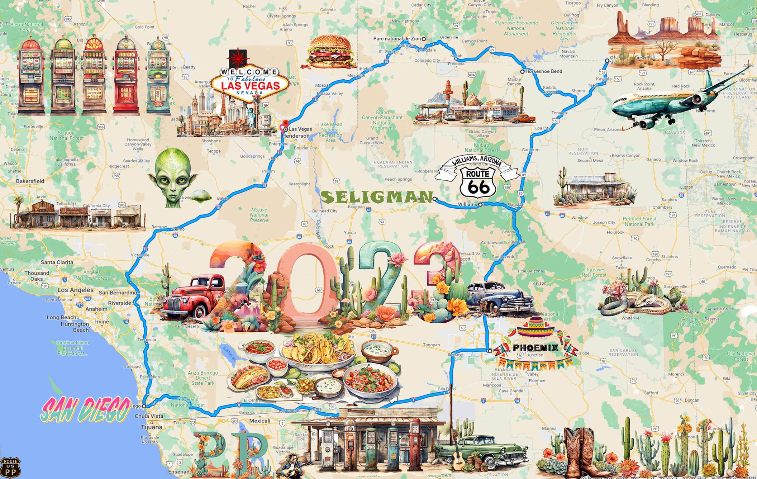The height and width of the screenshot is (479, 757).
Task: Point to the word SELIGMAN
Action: [x=376, y=197]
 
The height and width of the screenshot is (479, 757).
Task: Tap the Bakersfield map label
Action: [x=30, y=181]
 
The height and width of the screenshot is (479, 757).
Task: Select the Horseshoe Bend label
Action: [x=544, y=71]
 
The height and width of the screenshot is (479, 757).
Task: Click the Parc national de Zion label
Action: [x=397, y=39]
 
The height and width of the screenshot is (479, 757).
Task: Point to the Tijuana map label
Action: [x=152, y=427]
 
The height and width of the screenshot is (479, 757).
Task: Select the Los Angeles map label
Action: [x=75, y=290]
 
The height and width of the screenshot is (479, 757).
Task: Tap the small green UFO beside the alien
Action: [x=200, y=197]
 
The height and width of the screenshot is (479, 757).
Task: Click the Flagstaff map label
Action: [x=516, y=205]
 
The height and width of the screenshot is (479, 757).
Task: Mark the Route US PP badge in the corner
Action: [x=10, y=468]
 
